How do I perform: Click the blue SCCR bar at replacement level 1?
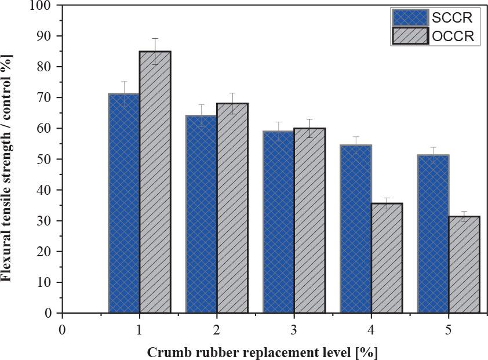pyautogui.click(x=123, y=203)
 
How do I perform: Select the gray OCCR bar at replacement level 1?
pyautogui.click(x=155, y=182)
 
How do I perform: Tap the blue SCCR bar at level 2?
pyautogui.click(x=201, y=214)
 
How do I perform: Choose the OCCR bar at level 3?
pyautogui.click(x=309, y=220)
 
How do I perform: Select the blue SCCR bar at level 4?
pyautogui.click(x=355, y=228)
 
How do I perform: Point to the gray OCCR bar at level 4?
pyautogui.click(x=387, y=258)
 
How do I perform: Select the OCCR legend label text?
pyautogui.click(x=453, y=37)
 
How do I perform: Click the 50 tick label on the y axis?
pyautogui.click(x=46, y=159)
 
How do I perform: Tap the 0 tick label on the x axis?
pyautogui.click(x=61, y=329)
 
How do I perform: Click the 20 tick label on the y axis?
pyautogui.click(x=46, y=252)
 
